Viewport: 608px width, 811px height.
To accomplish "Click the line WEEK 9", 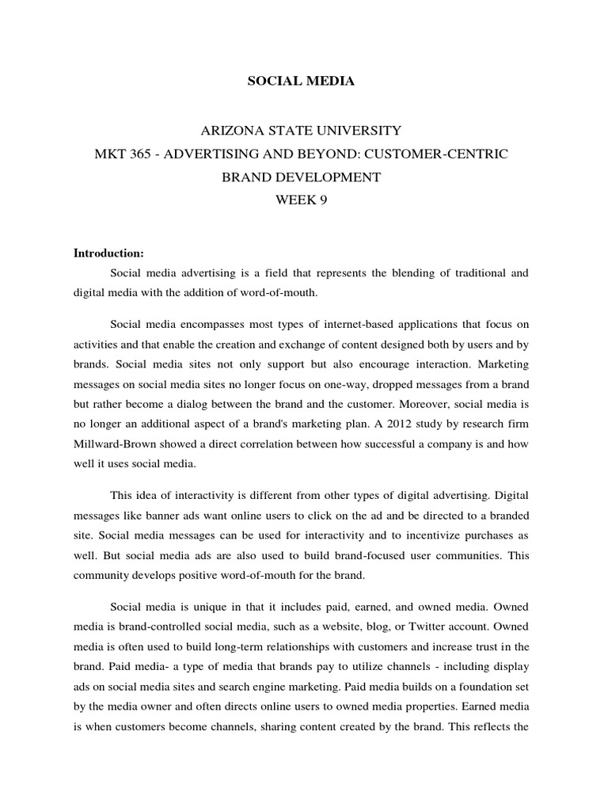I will click(x=301, y=201).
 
